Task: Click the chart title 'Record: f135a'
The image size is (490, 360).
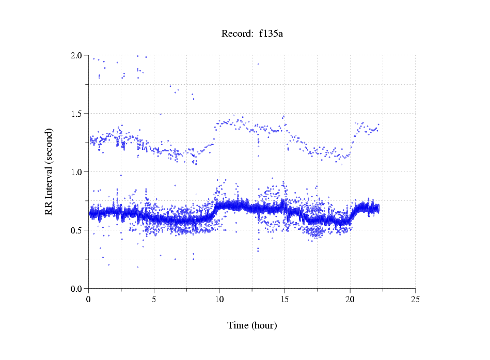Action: pos(252,34)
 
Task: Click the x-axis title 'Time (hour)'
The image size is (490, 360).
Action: pos(252,325)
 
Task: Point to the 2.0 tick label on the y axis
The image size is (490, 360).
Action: pos(77,55)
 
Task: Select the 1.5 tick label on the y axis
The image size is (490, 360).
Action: pos(77,114)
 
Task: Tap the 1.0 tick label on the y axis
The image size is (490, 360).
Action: pos(77,172)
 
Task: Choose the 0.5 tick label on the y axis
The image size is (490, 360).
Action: pos(77,230)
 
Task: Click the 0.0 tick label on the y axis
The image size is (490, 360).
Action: pos(77,289)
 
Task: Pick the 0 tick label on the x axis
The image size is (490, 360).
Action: pos(88,299)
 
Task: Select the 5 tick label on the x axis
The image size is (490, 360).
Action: pos(154,299)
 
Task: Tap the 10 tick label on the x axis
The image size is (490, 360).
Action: pos(219,299)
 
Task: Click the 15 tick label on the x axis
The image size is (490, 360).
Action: pos(284,299)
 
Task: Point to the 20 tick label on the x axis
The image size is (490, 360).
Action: pos(350,299)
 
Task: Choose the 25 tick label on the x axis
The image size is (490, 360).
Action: pos(415,299)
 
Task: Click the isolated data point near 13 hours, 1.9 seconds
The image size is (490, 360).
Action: pos(258,64)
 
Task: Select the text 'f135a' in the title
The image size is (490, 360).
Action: pos(271,34)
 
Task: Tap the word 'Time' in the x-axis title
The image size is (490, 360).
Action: pos(239,325)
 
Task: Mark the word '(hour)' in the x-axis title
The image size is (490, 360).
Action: pos(264,325)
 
